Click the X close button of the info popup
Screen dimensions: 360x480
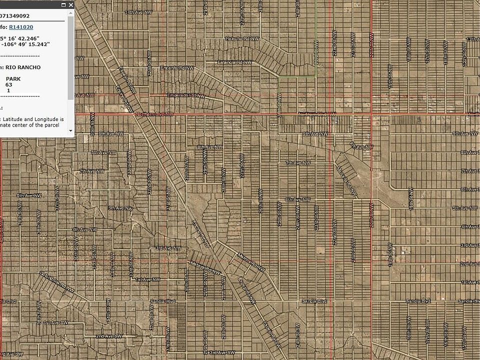pyautogui.click(x=71, y=4)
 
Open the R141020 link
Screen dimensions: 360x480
pyautogui.click(x=20, y=27)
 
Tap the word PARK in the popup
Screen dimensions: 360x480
pyautogui.click(x=13, y=79)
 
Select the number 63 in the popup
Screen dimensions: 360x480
pyautogui.click(x=9, y=85)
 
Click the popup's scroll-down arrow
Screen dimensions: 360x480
pyautogui.click(x=70, y=130)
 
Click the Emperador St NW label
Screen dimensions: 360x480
pyautogui.click(x=186, y=95)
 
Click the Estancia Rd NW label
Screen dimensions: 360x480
pyautogui.click(x=233, y=62)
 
